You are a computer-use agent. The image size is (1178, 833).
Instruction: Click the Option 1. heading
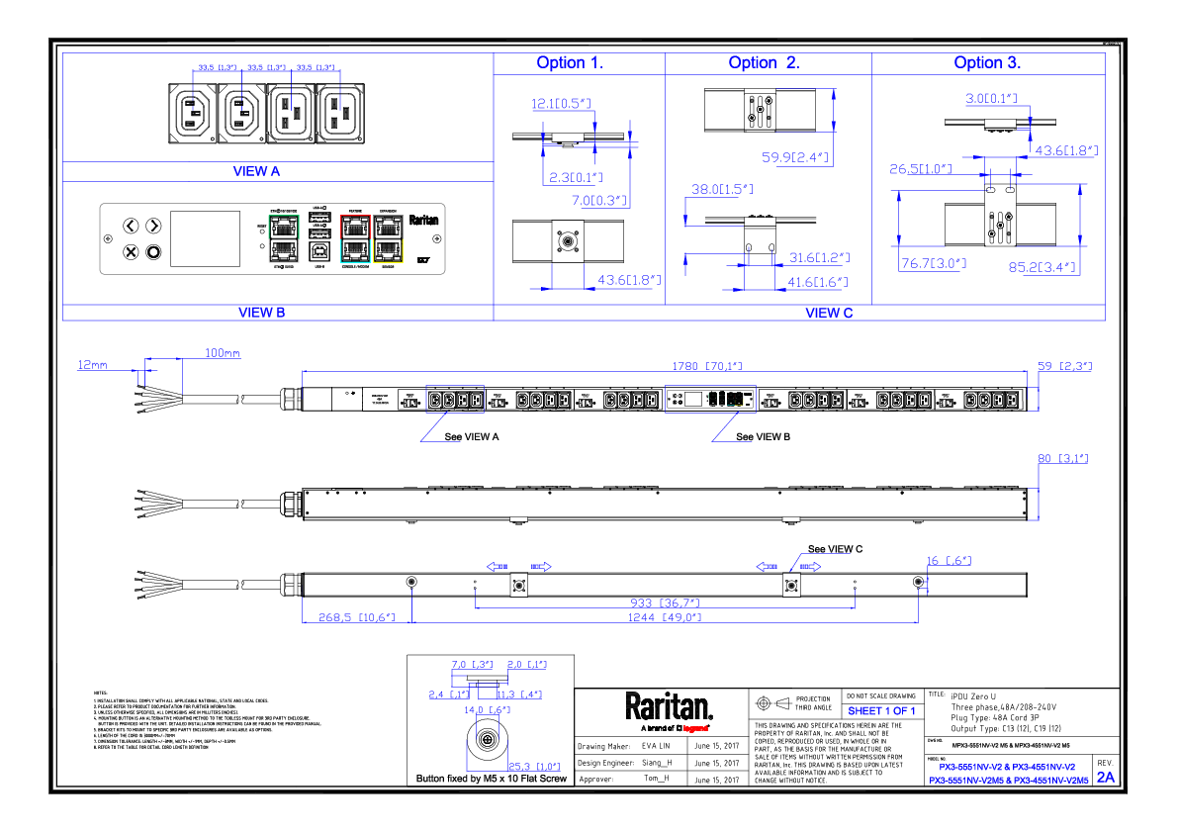click(x=570, y=62)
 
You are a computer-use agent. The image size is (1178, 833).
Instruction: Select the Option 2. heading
click(x=764, y=62)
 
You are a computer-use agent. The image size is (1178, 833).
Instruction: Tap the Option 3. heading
click(x=987, y=62)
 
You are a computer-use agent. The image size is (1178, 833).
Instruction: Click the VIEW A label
click(x=256, y=171)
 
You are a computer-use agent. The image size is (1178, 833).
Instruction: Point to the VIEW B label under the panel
click(x=261, y=313)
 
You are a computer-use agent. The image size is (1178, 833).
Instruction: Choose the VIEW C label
click(x=829, y=313)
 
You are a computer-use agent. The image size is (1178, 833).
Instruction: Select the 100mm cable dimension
click(x=222, y=353)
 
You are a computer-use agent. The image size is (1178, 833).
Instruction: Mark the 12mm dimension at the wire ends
click(x=92, y=365)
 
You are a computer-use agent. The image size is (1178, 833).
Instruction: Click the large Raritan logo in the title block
click(x=668, y=706)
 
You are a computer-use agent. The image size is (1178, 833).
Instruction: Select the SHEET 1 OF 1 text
click(x=882, y=710)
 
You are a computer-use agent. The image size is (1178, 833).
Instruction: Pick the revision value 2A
click(x=1105, y=777)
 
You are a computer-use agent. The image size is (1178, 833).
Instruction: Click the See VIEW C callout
click(x=835, y=549)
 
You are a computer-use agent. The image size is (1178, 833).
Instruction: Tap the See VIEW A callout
click(x=472, y=436)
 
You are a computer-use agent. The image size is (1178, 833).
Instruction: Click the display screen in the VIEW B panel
click(x=206, y=237)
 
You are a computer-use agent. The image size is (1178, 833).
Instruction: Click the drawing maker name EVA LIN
click(x=656, y=747)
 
